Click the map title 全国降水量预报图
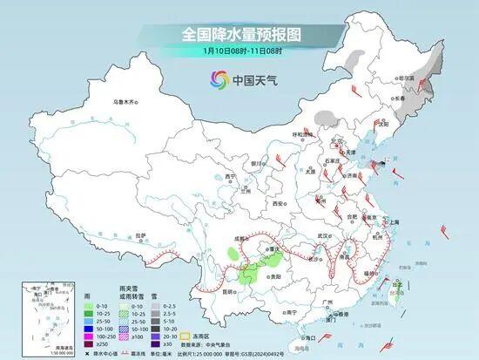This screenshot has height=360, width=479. coord(239,34)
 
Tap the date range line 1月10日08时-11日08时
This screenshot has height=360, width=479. coord(239,51)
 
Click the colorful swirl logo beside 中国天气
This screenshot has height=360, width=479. coord(215,80)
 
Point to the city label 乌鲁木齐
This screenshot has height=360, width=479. coord(125,102)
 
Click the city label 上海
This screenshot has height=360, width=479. coord(395,222)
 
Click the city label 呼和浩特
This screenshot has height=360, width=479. coord(301,134)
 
